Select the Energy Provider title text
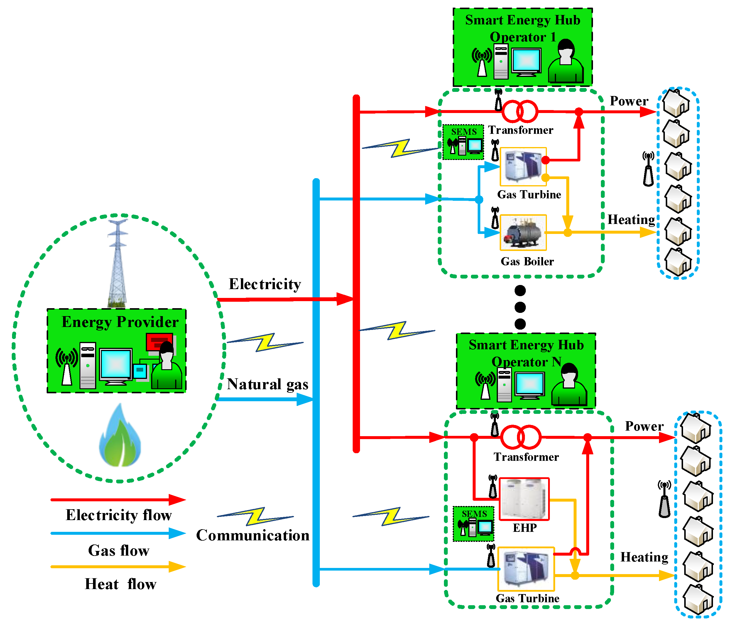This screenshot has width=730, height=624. (x=120, y=322)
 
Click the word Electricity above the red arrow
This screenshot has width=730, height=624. (x=265, y=284)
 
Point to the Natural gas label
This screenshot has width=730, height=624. (x=267, y=384)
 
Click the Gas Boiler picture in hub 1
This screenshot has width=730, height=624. (x=523, y=232)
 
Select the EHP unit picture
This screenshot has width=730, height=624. (x=524, y=499)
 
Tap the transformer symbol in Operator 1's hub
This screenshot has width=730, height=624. (x=520, y=111)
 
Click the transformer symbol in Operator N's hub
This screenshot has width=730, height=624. (x=521, y=437)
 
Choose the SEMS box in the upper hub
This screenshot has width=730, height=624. (x=463, y=142)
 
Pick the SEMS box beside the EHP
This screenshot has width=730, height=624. (x=473, y=524)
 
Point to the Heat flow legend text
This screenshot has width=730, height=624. (x=121, y=584)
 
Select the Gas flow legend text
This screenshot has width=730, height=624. (x=119, y=550)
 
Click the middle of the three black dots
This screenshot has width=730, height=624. (x=520, y=307)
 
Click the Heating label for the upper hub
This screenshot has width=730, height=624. (x=631, y=220)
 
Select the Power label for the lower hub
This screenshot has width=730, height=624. (x=644, y=426)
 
